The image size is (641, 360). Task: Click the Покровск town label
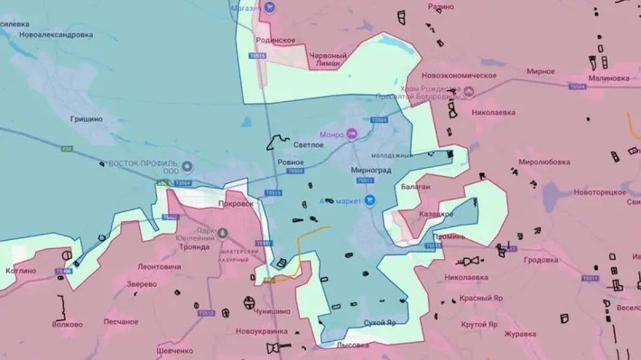[x=236, y=204]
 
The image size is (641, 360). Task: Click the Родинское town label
[x=276, y=41]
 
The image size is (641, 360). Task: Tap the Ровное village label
[x=291, y=162]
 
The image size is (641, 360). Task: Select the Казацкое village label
[x=436, y=214]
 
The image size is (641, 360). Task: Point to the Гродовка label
[x=542, y=260]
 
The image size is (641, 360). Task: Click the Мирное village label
[x=541, y=71]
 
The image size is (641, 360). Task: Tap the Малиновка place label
[x=607, y=78]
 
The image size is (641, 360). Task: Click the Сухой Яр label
[x=379, y=321]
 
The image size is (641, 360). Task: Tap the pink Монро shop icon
[x=353, y=134]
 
